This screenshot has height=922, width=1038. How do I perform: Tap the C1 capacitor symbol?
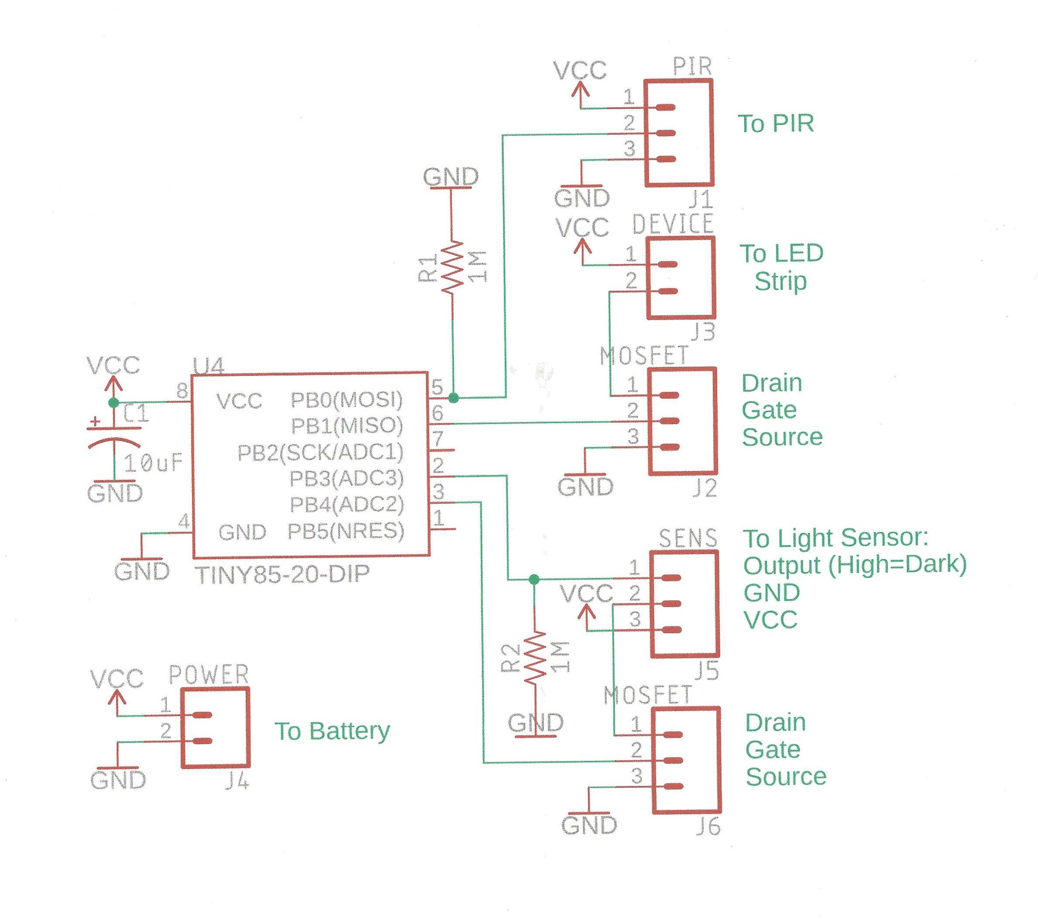point(114,437)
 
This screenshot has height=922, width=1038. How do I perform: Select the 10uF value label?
point(153,463)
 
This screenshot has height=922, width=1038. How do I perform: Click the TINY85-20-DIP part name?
point(282,574)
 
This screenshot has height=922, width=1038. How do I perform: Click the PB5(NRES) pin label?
point(346,531)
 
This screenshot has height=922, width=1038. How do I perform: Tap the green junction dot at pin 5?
point(454,398)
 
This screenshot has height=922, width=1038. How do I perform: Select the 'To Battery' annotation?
point(332,731)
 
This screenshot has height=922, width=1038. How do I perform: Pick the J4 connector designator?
point(237,782)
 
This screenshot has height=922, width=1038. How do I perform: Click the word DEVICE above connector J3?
point(673,224)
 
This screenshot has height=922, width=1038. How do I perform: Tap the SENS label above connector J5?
point(687,538)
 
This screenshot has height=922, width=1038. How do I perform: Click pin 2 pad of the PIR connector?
point(665,133)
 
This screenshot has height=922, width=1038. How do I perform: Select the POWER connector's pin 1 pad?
point(202,715)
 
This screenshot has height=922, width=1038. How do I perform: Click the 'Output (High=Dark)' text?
point(854,565)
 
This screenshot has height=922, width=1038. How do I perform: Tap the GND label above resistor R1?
point(450,177)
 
